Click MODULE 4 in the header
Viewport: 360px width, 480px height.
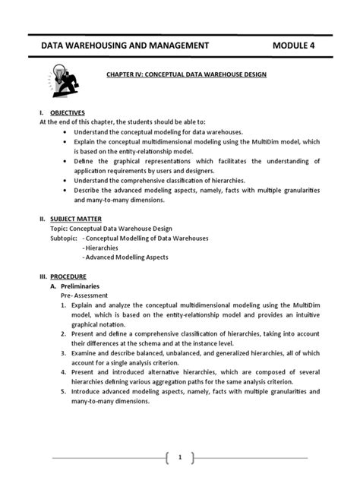(301, 46)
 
